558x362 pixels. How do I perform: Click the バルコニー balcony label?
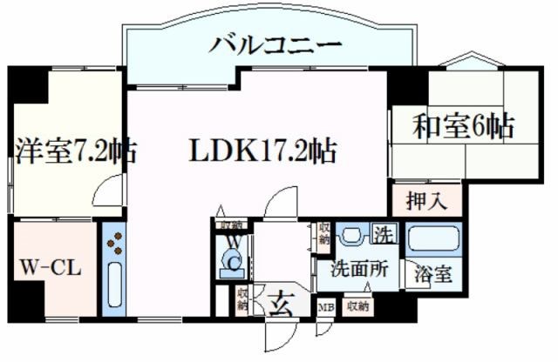point(274,44)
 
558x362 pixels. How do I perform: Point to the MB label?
point(325,307)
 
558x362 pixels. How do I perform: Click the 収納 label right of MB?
point(357,306)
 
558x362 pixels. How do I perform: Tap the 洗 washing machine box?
point(384,234)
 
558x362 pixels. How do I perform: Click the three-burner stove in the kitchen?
point(114,245)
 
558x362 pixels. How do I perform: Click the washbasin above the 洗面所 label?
point(351,236)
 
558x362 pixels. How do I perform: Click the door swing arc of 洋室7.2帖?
point(110,190)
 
